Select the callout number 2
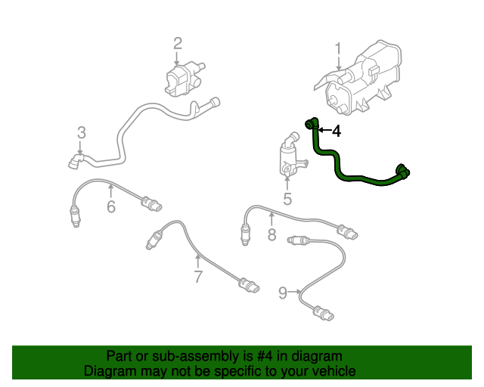[177, 43]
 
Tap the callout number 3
[82, 134]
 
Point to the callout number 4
[336, 132]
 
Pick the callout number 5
[287, 199]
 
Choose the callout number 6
[110, 206]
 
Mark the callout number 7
[198, 277]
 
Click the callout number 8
[271, 235]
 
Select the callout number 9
[283, 293]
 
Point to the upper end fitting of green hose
[311, 123]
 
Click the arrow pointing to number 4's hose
[323, 132]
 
